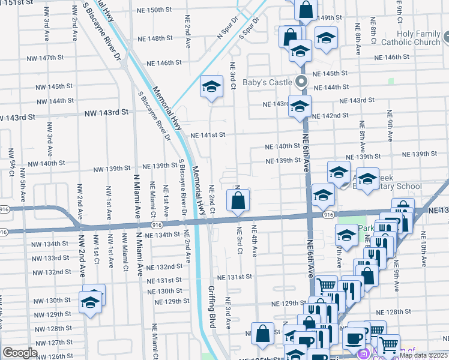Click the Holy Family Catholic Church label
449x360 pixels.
[x=411, y=38]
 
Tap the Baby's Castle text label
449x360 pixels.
[x=266, y=82]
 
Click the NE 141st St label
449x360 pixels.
[x=208, y=135]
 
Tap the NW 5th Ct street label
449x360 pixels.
[x=11, y=163]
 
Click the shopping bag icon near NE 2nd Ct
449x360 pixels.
[x=238, y=200]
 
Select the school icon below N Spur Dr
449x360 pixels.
[x=211, y=87]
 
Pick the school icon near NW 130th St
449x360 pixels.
[x=90, y=301]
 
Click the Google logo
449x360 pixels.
[x=20, y=353]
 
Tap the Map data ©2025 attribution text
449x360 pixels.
[x=423, y=355]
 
